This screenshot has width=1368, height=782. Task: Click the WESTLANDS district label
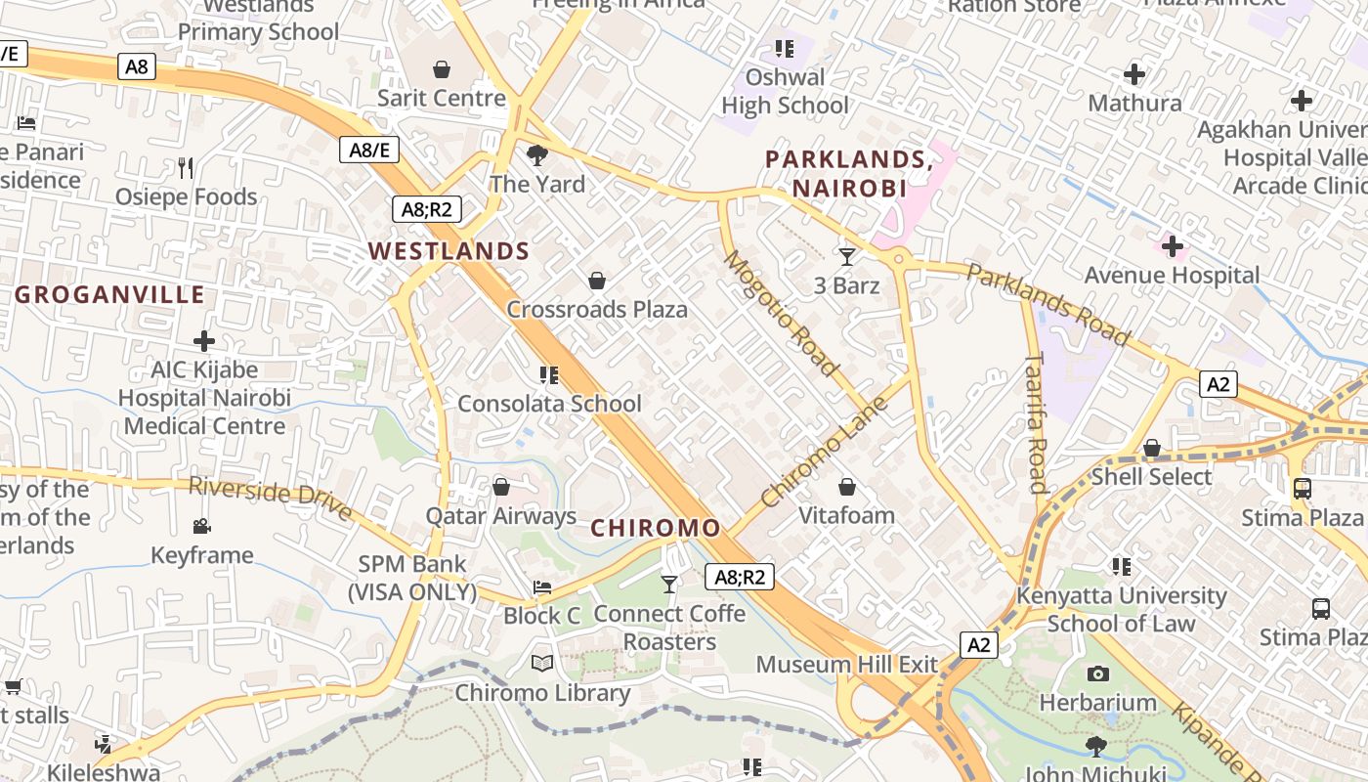tap(449, 251)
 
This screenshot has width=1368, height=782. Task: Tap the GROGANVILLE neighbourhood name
tap(109, 295)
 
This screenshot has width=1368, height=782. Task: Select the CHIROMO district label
tap(656, 529)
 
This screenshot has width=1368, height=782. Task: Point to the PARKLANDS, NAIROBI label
tap(848, 173)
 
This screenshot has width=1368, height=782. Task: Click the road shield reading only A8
tap(137, 66)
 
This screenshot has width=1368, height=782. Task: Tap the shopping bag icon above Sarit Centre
tap(442, 69)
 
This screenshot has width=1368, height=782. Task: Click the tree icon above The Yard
tap(536, 154)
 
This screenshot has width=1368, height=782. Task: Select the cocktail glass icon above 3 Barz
tap(847, 257)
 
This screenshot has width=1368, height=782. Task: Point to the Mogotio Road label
tap(781, 313)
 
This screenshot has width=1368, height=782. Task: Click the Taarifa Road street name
tap(1036, 423)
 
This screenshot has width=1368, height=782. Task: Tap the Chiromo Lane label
tap(824, 452)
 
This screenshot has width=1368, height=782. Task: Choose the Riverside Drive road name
tap(270, 499)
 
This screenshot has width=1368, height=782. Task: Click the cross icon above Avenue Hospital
tap(1173, 246)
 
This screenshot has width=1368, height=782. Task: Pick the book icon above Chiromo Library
tap(542, 664)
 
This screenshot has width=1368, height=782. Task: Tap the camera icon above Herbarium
tap(1098, 673)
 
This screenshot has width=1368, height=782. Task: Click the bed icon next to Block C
tap(542, 587)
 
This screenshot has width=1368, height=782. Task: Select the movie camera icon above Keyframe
tap(201, 527)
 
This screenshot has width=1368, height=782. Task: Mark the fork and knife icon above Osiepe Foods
tap(186, 168)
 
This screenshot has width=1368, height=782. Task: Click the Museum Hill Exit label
tap(847, 665)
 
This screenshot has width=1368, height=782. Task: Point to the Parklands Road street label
tap(1047, 304)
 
